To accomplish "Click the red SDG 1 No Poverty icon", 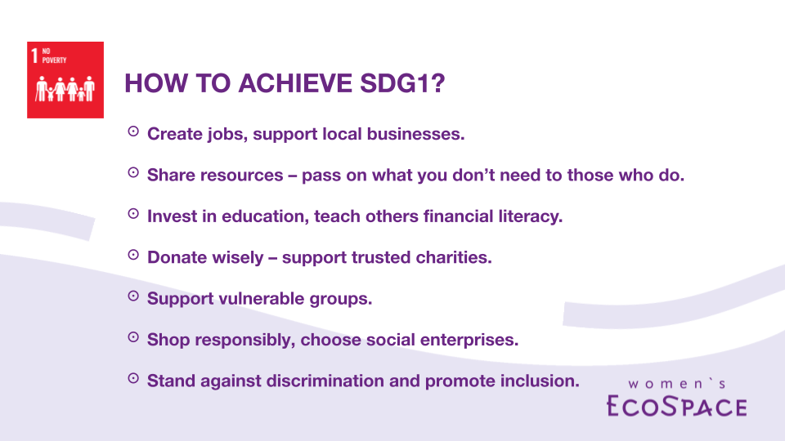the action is click(x=65, y=80).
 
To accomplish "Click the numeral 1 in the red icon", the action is click(x=34, y=56).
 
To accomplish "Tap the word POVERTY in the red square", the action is click(x=54, y=60).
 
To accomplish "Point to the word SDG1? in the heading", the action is click(x=402, y=83).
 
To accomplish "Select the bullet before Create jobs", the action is click(x=133, y=131).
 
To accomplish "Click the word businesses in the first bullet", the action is click(x=415, y=134).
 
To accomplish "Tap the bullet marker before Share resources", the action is click(x=133, y=172).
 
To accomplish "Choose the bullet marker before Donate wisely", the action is click(x=133, y=255).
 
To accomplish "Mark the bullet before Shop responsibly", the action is click(x=133, y=337).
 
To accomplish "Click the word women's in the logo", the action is click(x=677, y=384).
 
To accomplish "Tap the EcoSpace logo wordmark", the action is click(x=677, y=406).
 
